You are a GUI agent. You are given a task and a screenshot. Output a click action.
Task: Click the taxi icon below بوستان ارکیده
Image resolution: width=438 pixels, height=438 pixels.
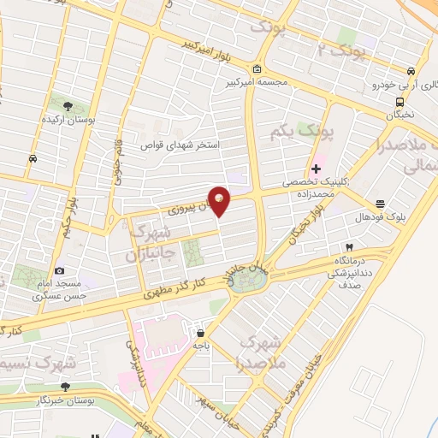click(x=33, y=158)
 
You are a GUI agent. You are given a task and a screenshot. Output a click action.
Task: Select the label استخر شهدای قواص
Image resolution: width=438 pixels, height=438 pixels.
click(x=180, y=145)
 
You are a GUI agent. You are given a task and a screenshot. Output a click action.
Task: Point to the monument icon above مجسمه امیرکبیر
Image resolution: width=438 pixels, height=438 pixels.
click(x=257, y=69)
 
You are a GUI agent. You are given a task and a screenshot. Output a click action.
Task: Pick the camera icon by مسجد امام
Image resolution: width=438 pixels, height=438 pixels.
click(x=59, y=271)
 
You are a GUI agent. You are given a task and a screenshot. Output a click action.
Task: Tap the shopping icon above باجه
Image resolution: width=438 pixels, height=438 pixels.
click(x=199, y=333)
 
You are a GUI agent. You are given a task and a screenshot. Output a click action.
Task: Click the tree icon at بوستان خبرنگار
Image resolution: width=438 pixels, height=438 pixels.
click(x=66, y=387)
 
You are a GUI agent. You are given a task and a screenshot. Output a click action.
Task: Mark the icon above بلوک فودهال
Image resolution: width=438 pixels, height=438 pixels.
click(x=380, y=203)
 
